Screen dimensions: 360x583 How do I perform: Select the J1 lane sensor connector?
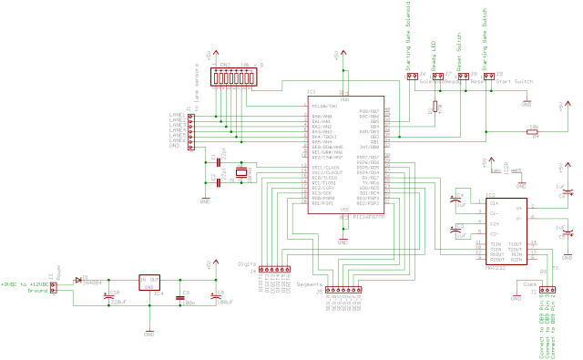click(190, 130)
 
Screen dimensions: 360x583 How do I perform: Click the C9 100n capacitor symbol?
click(180, 297)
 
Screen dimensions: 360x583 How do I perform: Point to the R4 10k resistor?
click(534, 132)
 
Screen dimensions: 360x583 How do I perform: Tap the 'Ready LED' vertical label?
click(433, 52)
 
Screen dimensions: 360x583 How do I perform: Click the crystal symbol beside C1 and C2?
click(241, 172)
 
